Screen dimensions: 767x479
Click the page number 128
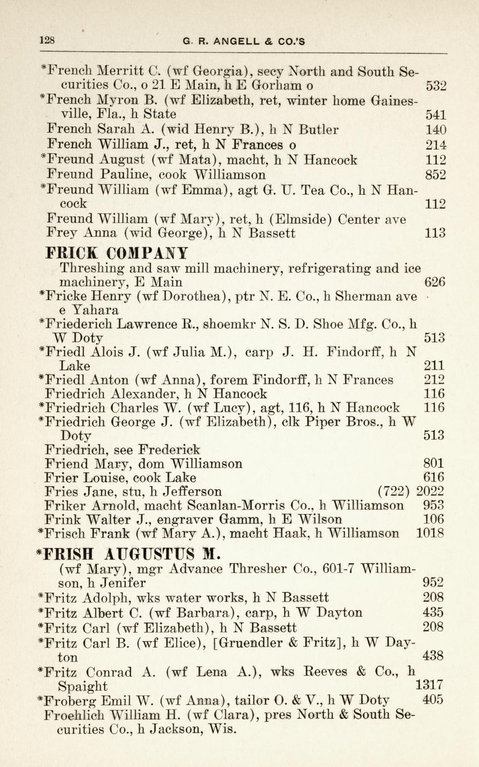46,41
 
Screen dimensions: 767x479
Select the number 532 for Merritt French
436,87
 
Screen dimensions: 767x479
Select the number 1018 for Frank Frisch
430,534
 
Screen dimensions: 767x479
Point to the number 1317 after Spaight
429,685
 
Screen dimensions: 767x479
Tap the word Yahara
88,310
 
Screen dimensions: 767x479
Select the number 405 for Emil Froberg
433,700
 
